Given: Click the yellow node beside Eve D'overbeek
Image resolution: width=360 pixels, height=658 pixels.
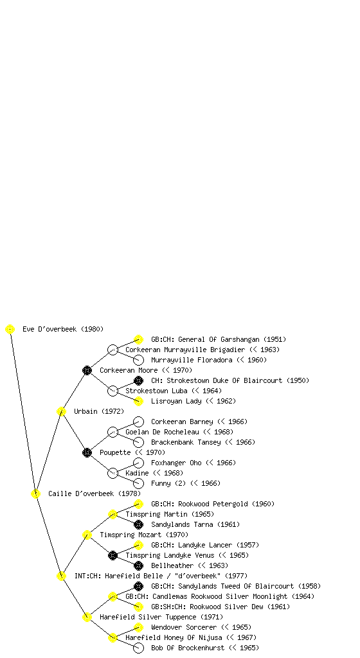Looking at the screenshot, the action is coord(10,330).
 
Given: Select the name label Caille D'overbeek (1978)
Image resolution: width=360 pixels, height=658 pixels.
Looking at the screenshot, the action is coord(94,494).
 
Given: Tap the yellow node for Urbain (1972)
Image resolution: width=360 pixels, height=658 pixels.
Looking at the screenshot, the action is coord(61,412).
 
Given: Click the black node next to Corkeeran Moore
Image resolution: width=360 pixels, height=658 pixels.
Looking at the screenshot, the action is coord(87,371).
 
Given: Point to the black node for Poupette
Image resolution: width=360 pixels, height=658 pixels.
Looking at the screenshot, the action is coord(87,453).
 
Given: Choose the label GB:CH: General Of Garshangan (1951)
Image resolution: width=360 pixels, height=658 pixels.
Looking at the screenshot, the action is coord(219,339).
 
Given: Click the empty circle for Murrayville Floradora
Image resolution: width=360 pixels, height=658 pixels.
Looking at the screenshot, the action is coord(138,360).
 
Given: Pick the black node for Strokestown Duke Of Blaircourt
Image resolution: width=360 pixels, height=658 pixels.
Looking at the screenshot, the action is coord(138,380).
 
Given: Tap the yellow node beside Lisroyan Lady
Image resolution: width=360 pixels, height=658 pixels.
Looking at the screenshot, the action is coord(138,401).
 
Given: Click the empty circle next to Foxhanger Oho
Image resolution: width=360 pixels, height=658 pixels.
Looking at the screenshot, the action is coord(138,463).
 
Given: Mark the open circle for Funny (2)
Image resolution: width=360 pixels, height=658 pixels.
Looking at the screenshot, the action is coord(138,483).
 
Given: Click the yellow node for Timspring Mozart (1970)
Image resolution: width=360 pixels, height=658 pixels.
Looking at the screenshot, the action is coord(87,535).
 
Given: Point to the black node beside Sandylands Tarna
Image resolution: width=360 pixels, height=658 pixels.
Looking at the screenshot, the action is coord(138,524).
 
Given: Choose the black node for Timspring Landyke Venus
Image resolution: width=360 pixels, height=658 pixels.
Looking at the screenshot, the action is coord(113,556).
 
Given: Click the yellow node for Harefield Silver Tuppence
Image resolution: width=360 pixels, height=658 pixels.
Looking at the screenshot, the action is coord(87,618).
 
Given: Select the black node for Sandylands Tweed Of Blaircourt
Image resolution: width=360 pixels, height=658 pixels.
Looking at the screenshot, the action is coord(138,586).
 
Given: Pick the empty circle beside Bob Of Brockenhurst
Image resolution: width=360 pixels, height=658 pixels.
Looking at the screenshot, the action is coord(138,648).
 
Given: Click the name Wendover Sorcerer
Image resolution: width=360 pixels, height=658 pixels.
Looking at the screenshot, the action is coord(184,627).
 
